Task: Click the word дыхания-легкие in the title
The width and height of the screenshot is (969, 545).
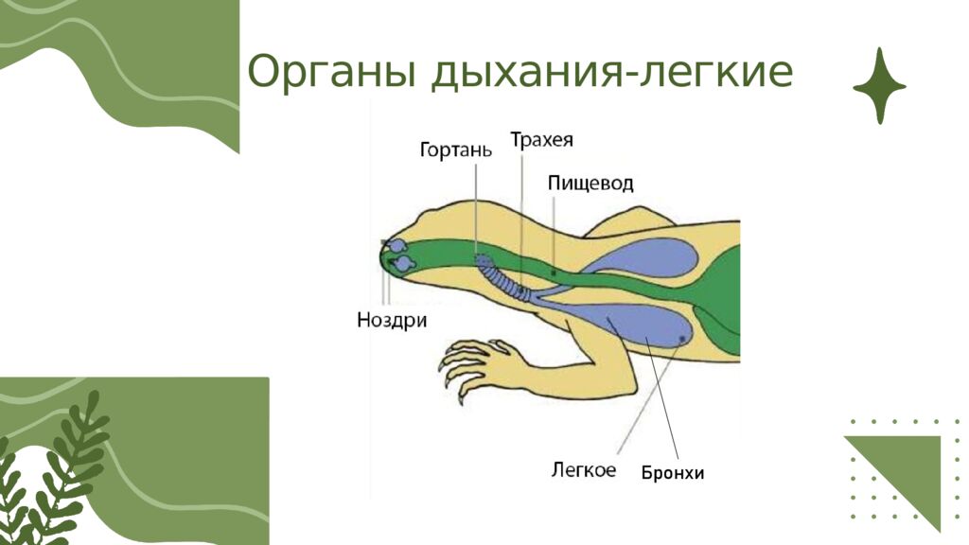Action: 611,74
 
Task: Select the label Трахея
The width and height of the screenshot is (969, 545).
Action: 541,140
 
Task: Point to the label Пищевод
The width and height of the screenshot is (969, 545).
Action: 590,183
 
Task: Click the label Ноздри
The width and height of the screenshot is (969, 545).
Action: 391,320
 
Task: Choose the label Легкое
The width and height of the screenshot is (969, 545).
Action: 584,469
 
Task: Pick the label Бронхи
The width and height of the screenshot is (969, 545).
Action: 673,473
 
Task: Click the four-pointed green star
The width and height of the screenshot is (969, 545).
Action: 879,86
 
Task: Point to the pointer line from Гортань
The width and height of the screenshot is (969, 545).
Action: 477,208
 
